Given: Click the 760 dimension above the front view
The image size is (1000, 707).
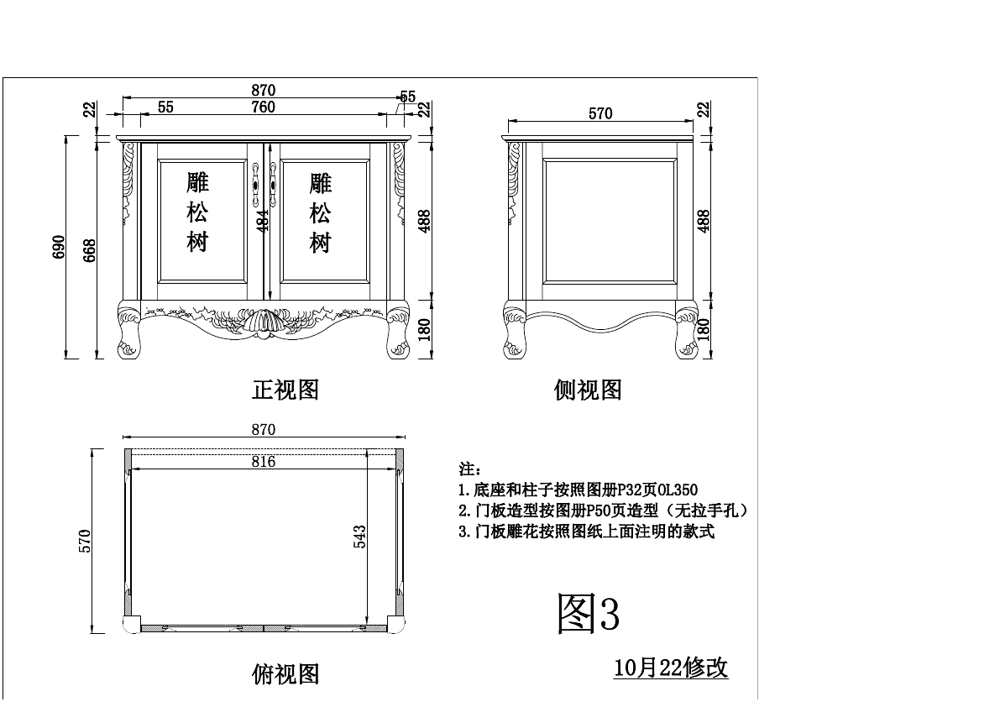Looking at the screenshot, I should (x=263, y=107).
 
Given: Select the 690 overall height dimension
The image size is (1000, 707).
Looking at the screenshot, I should (x=60, y=247).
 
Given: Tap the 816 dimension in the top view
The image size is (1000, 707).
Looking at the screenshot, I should (x=263, y=461).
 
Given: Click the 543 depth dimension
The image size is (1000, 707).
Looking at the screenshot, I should (x=360, y=538).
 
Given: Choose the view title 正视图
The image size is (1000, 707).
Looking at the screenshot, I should (x=285, y=390).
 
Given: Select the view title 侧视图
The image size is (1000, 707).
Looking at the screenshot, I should (x=588, y=390).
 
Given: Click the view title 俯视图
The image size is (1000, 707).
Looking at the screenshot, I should (x=285, y=673).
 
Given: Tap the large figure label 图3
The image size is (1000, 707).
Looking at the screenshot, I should (x=589, y=614).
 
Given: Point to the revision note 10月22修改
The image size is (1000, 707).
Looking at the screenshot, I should (x=671, y=668).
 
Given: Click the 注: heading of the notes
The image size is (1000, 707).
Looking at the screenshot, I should (x=469, y=469).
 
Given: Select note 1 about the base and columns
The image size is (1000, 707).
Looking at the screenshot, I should (x=578, y=490).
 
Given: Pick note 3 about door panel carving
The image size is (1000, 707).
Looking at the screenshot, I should (x=586, y=532).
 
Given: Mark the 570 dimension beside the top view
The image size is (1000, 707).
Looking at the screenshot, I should (x=84, y=541).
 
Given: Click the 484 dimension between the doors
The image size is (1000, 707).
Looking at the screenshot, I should (x=263, y=220).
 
